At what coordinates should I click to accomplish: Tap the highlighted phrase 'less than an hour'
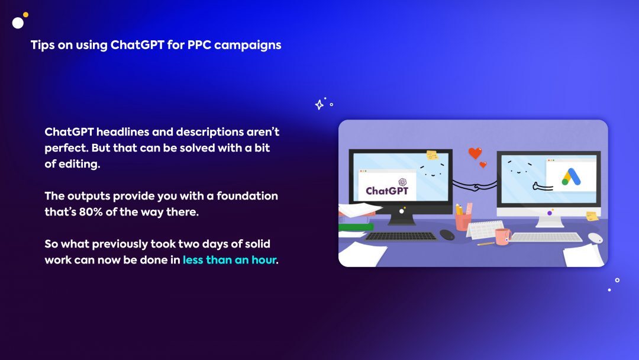click(230, 260)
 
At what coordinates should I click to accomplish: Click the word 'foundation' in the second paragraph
click(247, 196)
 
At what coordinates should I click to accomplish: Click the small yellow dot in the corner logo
click(25, 15)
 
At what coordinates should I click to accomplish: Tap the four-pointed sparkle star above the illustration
click(319, 105)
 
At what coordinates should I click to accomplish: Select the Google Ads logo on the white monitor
click(571, 177)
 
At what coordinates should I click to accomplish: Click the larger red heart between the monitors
click(475, 153)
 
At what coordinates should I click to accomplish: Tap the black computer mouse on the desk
click(447, 235)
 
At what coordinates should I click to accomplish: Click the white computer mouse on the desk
click(595, 238)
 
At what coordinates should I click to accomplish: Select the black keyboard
click(401, 236)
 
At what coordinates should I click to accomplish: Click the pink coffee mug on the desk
click(503, 236)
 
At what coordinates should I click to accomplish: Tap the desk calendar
click(485, 230)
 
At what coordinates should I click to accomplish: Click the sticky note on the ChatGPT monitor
click(432, 155)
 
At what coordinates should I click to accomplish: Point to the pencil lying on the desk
click(486, 244)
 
